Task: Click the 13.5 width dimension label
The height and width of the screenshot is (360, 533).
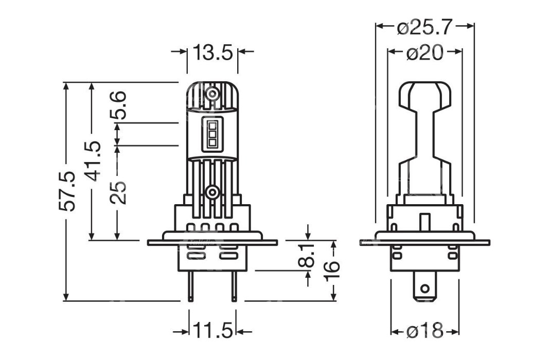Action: click(x=212, y=52)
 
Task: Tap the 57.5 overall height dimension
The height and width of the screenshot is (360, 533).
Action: click(x=67, y=191)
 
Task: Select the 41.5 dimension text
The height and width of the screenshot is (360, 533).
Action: click(x=93, y=161)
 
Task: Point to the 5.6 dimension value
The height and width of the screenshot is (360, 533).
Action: click(x=118, y=105)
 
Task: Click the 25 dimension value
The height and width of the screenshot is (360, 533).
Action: click(x=118, y=192)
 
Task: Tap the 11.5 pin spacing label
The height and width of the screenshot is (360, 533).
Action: click(x=213, y=330)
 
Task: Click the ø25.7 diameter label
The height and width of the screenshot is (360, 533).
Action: click(x=425, y=27)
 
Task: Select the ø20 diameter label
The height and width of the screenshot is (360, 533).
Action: click(x=425, y=52)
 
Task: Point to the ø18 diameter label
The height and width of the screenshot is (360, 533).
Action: click(x=425, y=330)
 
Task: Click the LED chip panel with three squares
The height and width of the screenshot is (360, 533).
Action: click(x=212, y=134)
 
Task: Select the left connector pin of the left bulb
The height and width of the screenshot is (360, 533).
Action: click(x=191, y=286)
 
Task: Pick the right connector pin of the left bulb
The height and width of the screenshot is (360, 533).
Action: click(x=234, y=286)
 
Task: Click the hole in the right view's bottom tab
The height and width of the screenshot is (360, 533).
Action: click(x=424, y=290)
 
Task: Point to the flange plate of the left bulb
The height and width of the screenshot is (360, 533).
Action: click(x=212, y=243)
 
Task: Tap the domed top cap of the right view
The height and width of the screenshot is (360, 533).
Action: click(x=425, y=96)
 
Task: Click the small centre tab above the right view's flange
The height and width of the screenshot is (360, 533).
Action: click(x=424, y=222)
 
